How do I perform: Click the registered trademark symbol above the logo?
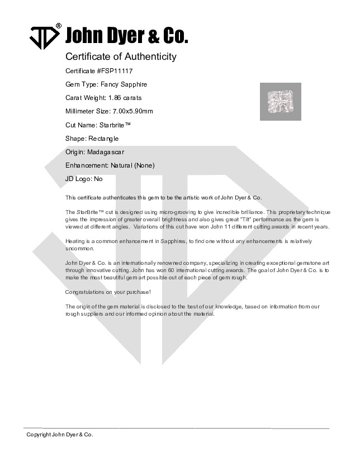[x=59, y=26]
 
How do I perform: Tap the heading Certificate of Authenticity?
[x=121, y=56]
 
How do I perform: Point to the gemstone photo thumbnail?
[x=281, y=102]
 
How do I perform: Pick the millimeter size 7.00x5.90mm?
[x=132, y=111]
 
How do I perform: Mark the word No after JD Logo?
[x=98, y=179]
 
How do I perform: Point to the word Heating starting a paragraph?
[x=75, y=241]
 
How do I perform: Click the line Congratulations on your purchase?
[x=108, y=292]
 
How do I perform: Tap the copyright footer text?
[x=60, y=434]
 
